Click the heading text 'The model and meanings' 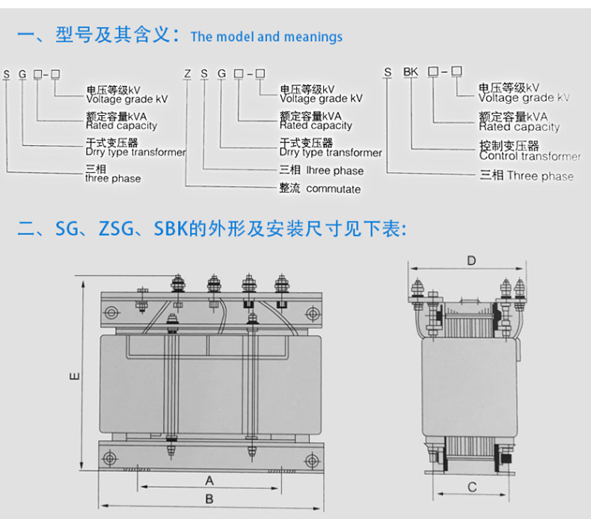tap(266, 37)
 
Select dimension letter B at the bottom tap(209, 499)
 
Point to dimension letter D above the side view tap(471, 260)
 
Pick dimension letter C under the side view tap(471, 488)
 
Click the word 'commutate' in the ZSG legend tap(334, 189)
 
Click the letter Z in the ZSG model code tap(188, 73)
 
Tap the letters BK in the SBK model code tap(411, 72)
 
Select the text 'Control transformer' tap(530, 156)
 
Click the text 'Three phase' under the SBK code tap(540, 176)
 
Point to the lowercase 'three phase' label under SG tap(113, 179)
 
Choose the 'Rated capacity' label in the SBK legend tap(519, 127)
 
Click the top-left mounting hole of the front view tap(111, 312)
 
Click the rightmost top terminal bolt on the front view tap(281, 285)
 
